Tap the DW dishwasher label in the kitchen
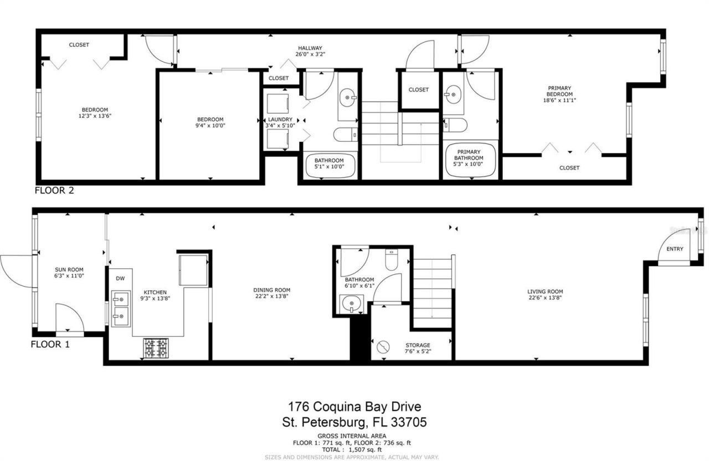pyautogui.click(x=120, y=279)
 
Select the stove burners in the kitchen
pyautogui.click(x=156, y=348)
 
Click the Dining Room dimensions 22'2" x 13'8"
pyautogui.click(x=271, y=296)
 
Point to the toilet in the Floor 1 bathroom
pyautogui.click(x=391, y=260)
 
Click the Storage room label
pyautogui.click(x=418, y=345)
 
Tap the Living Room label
pyautogui.click(x=545, y=291)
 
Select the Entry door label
pyautogui.click(x=675, y=249)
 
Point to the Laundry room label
pyautogui.click(x=280, y=119)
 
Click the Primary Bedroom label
pyautogui.click(x=559, y=88)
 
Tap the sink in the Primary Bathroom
pyautogui.click(x=453, y=94)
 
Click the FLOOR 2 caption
pyautogui.click(x=54, y=191)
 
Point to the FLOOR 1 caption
pyautogui.click(x=50, y=344)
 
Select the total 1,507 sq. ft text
pyautogui.click(x=354, y=450)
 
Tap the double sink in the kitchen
pyautogui.click(x=120, y=308)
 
